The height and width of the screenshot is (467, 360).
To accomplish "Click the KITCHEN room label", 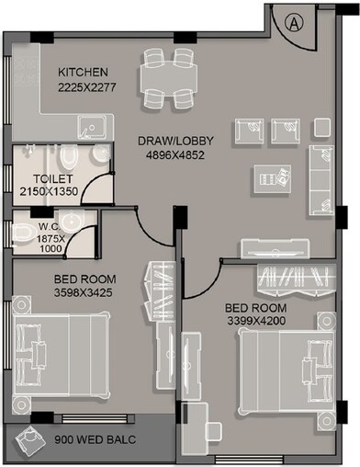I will click(x=84, y=72).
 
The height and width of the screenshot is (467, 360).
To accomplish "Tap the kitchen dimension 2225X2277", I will click(x=84, y=88).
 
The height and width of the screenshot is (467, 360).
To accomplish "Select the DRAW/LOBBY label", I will click(x=175, y=141).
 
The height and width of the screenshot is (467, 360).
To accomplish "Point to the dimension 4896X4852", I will click(x=175, y=155).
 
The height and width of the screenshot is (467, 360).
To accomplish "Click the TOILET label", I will click(x=51, y=178).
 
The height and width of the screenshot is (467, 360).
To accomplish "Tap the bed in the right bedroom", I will click(x=283, y=369).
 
